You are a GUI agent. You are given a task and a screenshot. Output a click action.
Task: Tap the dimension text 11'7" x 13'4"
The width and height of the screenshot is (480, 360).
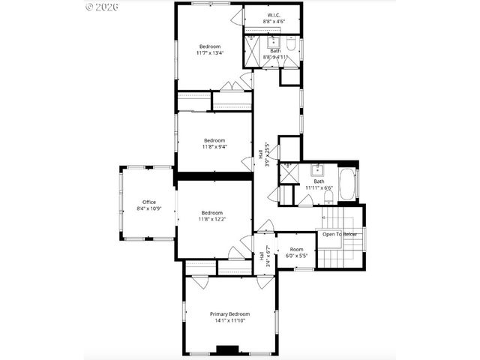pos(210,53)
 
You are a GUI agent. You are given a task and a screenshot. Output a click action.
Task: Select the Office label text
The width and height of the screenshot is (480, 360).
pos(149,202)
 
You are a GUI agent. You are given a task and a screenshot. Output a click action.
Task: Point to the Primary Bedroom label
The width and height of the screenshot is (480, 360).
pos(229,313)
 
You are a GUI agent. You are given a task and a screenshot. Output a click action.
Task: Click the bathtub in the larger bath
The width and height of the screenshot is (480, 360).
pos(348,184)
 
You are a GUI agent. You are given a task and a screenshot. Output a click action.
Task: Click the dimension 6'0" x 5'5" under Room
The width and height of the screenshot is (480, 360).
pos(296,256)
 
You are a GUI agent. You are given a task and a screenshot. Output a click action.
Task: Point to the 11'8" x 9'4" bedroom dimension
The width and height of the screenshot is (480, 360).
pos(214,147)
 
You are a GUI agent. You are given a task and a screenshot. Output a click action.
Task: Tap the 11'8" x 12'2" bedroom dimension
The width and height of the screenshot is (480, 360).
pos(211,219)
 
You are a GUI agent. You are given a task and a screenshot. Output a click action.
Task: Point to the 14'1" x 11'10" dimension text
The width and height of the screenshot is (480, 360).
pos(229,321)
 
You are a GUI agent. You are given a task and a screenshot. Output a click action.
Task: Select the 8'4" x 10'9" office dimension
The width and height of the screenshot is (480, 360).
pos(149,208)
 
